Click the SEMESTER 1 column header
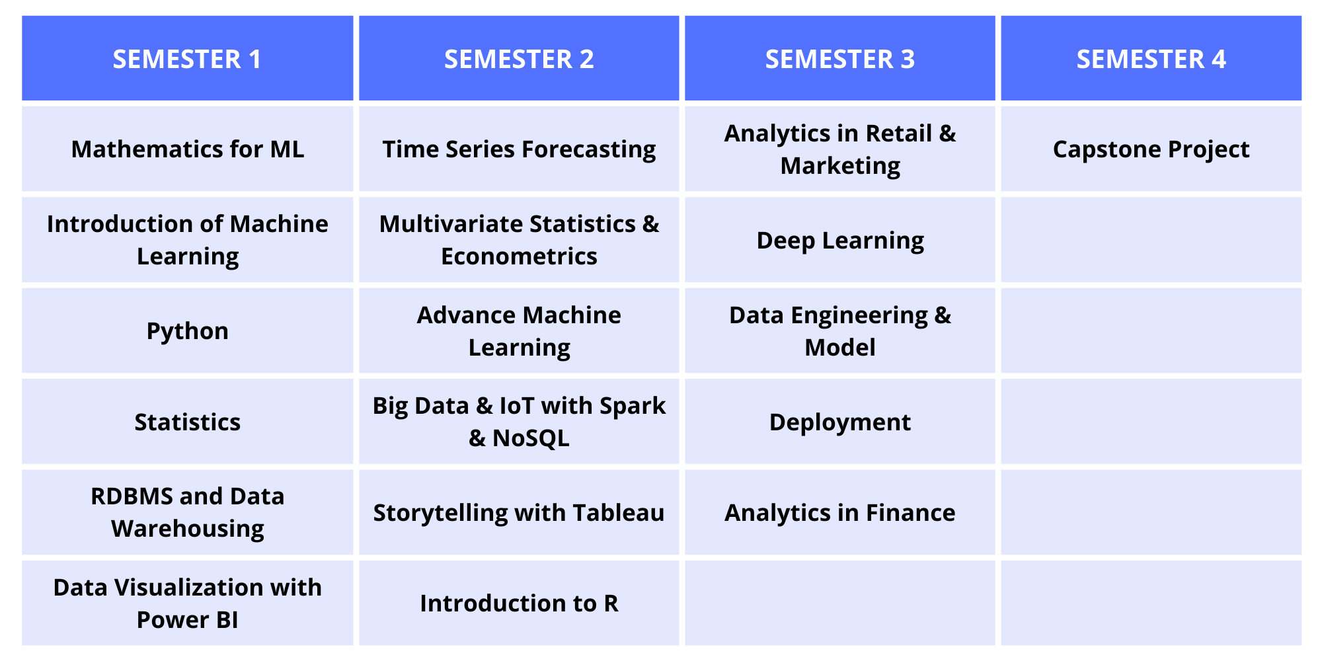pyautogui.click(x=187, y=59)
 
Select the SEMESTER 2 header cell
pyautogui.click(x=519, y=59)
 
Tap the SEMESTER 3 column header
pyautogui.click(x=839, y=59)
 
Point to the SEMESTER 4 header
pyautogui.click(x=1151, y=59)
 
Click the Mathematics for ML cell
pyautogui.click(x=187, y=149)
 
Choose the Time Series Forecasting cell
pyautogui.click(x=519, y=149)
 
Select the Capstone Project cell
pyautogui.click(x=1151, y=149)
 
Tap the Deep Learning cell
pyautogui.click(x=839, y=241)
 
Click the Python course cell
pyautogui.click(x=187, y=331)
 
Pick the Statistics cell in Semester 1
pyautogui.click(x=187, y=422)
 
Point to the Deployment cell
pyautogui.click(x=839, y=422)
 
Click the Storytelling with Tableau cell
pyautogui.click(x=519, y=513)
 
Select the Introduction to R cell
pyautogui.click(x=519, y=603)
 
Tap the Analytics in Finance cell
pyautogui.click(x=839, y=513)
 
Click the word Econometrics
pyautogui.click(x=519, y=256)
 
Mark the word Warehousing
pyautogui.click(x=187, y=529)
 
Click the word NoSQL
pyautogui.click(x=531, y=438)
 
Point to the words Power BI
pyautogui.click(x=187, y=620)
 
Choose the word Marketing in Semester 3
pyautogui.click(x=839, y=166)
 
